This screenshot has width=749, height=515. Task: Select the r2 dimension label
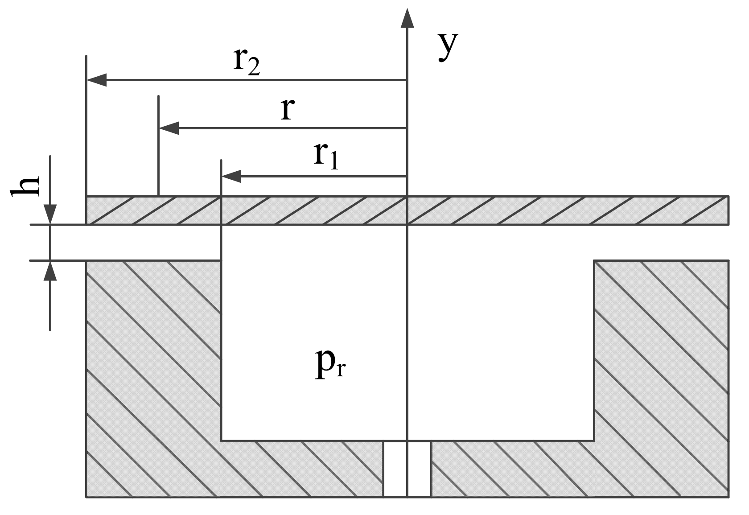pyautogui.click(x=246, y=62)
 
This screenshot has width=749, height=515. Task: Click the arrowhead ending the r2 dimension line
pyautogui.click(x=96, y=80)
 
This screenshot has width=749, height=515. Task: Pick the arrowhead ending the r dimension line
pyautogui.click(x=169, y=128)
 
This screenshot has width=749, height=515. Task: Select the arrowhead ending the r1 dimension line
pyautogui.click(x=231, y=177)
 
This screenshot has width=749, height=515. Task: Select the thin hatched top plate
pyautogui.click(x=535, y=210)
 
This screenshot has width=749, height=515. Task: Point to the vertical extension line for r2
pyautogui.click(x=86, y=125)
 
